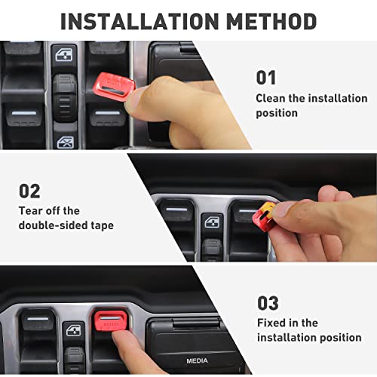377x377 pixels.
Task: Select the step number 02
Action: coord(29,191)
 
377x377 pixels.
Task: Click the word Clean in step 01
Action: coord(271,98)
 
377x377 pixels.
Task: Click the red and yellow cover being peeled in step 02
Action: coord(265,216)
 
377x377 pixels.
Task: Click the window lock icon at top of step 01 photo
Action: coord(64,54)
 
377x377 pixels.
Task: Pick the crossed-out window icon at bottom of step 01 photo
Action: coord(65,141)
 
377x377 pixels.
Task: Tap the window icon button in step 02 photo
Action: coord(212,222)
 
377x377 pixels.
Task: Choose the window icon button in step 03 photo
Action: coord(74,329)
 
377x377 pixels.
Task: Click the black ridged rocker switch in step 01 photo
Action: coord(65,97)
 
